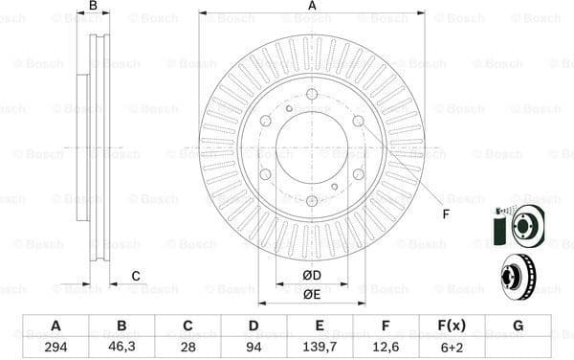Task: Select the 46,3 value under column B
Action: pyautogui.click(x=121, y=347)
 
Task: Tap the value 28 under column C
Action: pyautogui.click(x=187, y=347)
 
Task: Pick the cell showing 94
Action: pyautogui.click(x=253, y=347)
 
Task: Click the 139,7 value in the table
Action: pyautogui.click(x=319, y=347)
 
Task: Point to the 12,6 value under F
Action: pyautogui.click(x=385, y=347)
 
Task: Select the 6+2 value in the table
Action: pyautogui.click(x=451, y=347)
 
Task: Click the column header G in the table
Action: pyautogui.click(x=518, y=326)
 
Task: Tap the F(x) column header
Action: pyautogui.click(x=451, y=326)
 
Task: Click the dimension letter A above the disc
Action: pyautogui.click(x=312, y=7)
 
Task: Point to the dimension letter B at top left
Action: pyautogui.click(x=93, y=7)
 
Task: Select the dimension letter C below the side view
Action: pyautogui.click(x=136, y=277)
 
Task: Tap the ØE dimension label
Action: pyautogui.click(x=312, y=295)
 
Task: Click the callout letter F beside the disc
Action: pyautogui.click(x=446, y=214)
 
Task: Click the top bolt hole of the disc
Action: pyautogui.click(x=312, y=94)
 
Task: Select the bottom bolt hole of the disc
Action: pyautogui.click(x=312, y=200)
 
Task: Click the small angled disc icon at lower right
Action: pyautogui.click(x=521, y=274)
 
